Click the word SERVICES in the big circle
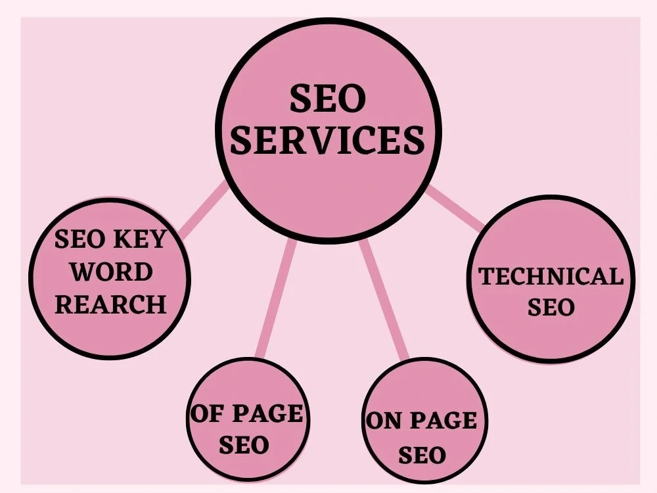click(328, 139)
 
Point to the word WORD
click(110, 272)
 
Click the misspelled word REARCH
click(110, 304)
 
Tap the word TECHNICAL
click(551, 277)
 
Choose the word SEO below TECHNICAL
click(551, 307)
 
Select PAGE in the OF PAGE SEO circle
click(267, 413)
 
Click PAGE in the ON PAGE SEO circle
click(443, 421)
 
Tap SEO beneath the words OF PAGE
click(244, 445)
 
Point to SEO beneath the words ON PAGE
click(422, 455)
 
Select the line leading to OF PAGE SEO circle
click(276, 299)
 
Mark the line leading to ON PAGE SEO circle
click(384, 300)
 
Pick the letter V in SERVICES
click(326, 139)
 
